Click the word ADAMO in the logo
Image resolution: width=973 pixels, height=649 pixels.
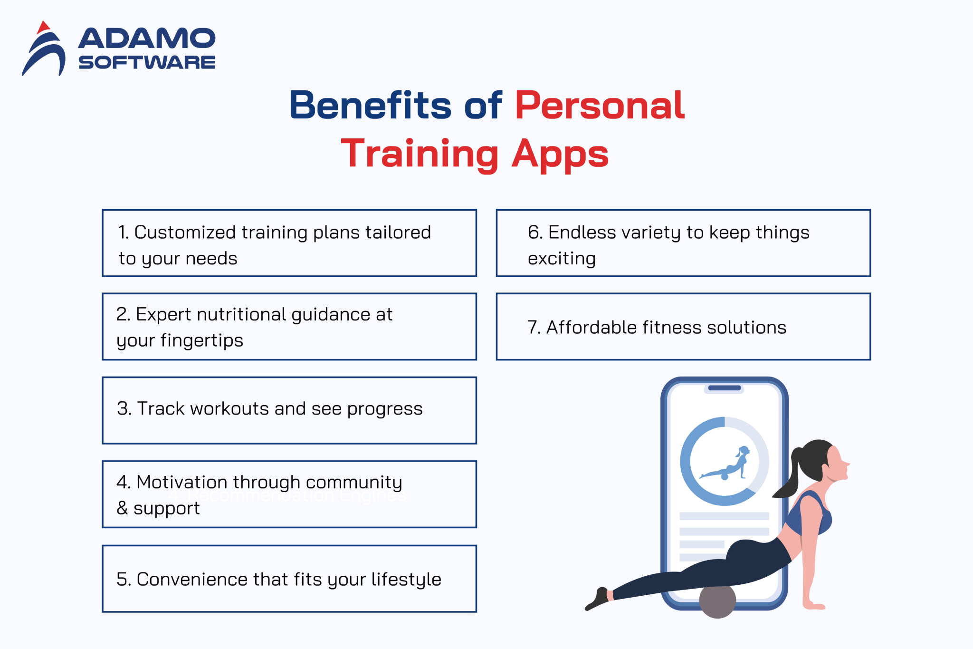point(146,39)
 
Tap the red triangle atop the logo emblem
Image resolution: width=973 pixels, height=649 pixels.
point(43,27)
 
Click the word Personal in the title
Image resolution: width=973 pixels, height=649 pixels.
point(600,106)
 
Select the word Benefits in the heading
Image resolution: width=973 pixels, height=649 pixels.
point(370,106)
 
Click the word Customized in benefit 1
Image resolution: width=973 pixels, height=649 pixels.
point(185,232)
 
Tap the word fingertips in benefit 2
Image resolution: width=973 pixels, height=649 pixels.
point(201,340)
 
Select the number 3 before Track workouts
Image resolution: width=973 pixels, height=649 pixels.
point(123,409)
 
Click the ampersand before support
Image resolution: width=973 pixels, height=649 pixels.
point(122,508)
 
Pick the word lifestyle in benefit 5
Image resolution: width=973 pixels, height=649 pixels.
point(406,580)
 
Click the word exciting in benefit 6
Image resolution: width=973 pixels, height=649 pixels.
point(562,259)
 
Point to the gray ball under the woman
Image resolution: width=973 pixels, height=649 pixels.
point(717,601)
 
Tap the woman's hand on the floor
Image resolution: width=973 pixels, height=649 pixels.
point(813,605)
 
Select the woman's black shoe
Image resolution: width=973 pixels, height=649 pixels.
point(598,600)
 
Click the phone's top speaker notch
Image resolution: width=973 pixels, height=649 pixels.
point(724,388)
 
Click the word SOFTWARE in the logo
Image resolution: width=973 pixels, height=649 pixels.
point(146,62)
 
